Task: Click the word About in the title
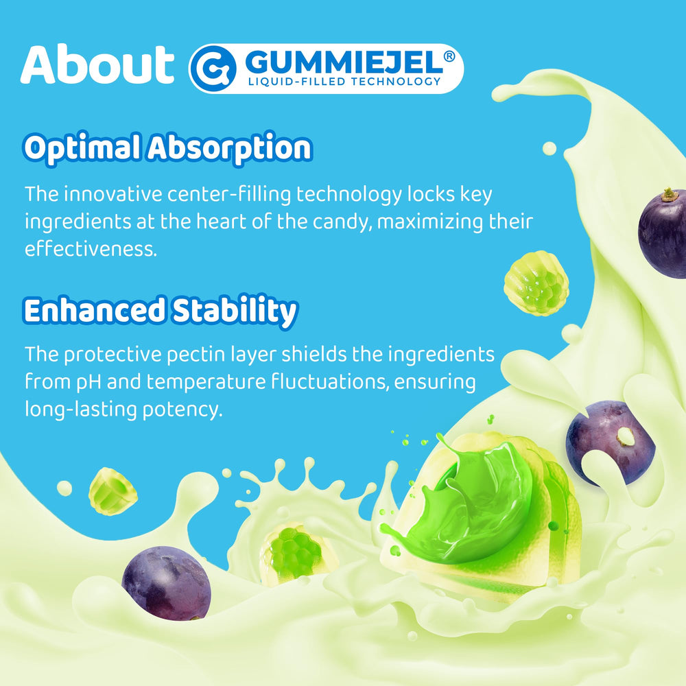(x=97, y=66)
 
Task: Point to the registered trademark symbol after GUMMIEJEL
(x=449, y=57)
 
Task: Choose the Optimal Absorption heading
(x=167, y=147)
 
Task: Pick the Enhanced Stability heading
(x=161, y=310)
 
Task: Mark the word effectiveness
(x=91, y=249)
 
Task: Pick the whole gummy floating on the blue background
(x=536, y=283)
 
